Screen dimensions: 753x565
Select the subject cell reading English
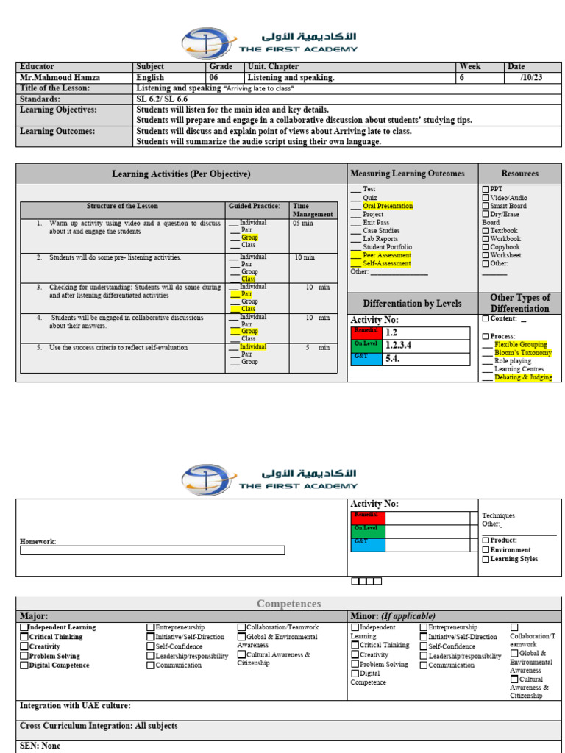[x=150, y=77]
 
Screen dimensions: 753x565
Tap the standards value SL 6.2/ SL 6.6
[x=162, y=99]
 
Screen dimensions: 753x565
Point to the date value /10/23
[x=530, y=77]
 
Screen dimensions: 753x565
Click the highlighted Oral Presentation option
[x=388, y=206]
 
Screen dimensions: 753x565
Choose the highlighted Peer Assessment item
[x=387, y=255]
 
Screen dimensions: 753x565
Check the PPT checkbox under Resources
[x=486, y=190]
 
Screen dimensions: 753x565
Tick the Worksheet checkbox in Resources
[x=486, y=255]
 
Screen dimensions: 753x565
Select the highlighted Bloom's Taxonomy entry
[x=522, y=353]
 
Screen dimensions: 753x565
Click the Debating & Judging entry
[x=523, y=377]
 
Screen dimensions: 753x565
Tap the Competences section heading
[x=288, y=604]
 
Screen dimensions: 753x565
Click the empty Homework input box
[x=152, y=550]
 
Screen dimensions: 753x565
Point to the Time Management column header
[x=313, y=210]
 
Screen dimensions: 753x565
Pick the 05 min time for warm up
[x=302, y=223]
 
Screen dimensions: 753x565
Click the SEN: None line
[x=40, y=746]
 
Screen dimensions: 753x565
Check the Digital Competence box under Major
[x=24, y=665]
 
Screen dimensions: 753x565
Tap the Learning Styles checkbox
[x=486, y=559]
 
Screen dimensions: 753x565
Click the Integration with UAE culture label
[x=75, y=705]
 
